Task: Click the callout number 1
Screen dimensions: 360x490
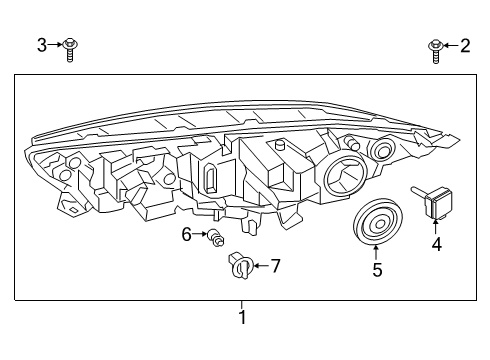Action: [241, 317]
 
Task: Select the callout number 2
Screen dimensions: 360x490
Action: [465, 44]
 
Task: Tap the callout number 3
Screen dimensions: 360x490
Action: [42, 44]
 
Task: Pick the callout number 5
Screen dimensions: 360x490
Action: [376, 268]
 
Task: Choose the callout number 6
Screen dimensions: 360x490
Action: [186, 234]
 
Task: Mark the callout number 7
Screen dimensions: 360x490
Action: [276, 265]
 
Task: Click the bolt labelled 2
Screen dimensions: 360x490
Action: [436, 48]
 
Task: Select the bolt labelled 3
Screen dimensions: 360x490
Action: [70, 48]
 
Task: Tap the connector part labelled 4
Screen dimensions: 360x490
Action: [433, 204]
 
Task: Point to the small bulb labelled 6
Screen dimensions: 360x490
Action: [213, 237]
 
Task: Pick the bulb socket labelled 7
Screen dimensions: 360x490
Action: [241, 267]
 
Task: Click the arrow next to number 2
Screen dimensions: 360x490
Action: [451, 44]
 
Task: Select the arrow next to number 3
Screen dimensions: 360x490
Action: [56, 44]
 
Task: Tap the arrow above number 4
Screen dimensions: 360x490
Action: [435, 225]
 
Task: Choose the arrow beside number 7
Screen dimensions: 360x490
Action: [262, 265]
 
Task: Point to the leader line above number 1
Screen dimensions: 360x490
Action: [241, 305]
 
